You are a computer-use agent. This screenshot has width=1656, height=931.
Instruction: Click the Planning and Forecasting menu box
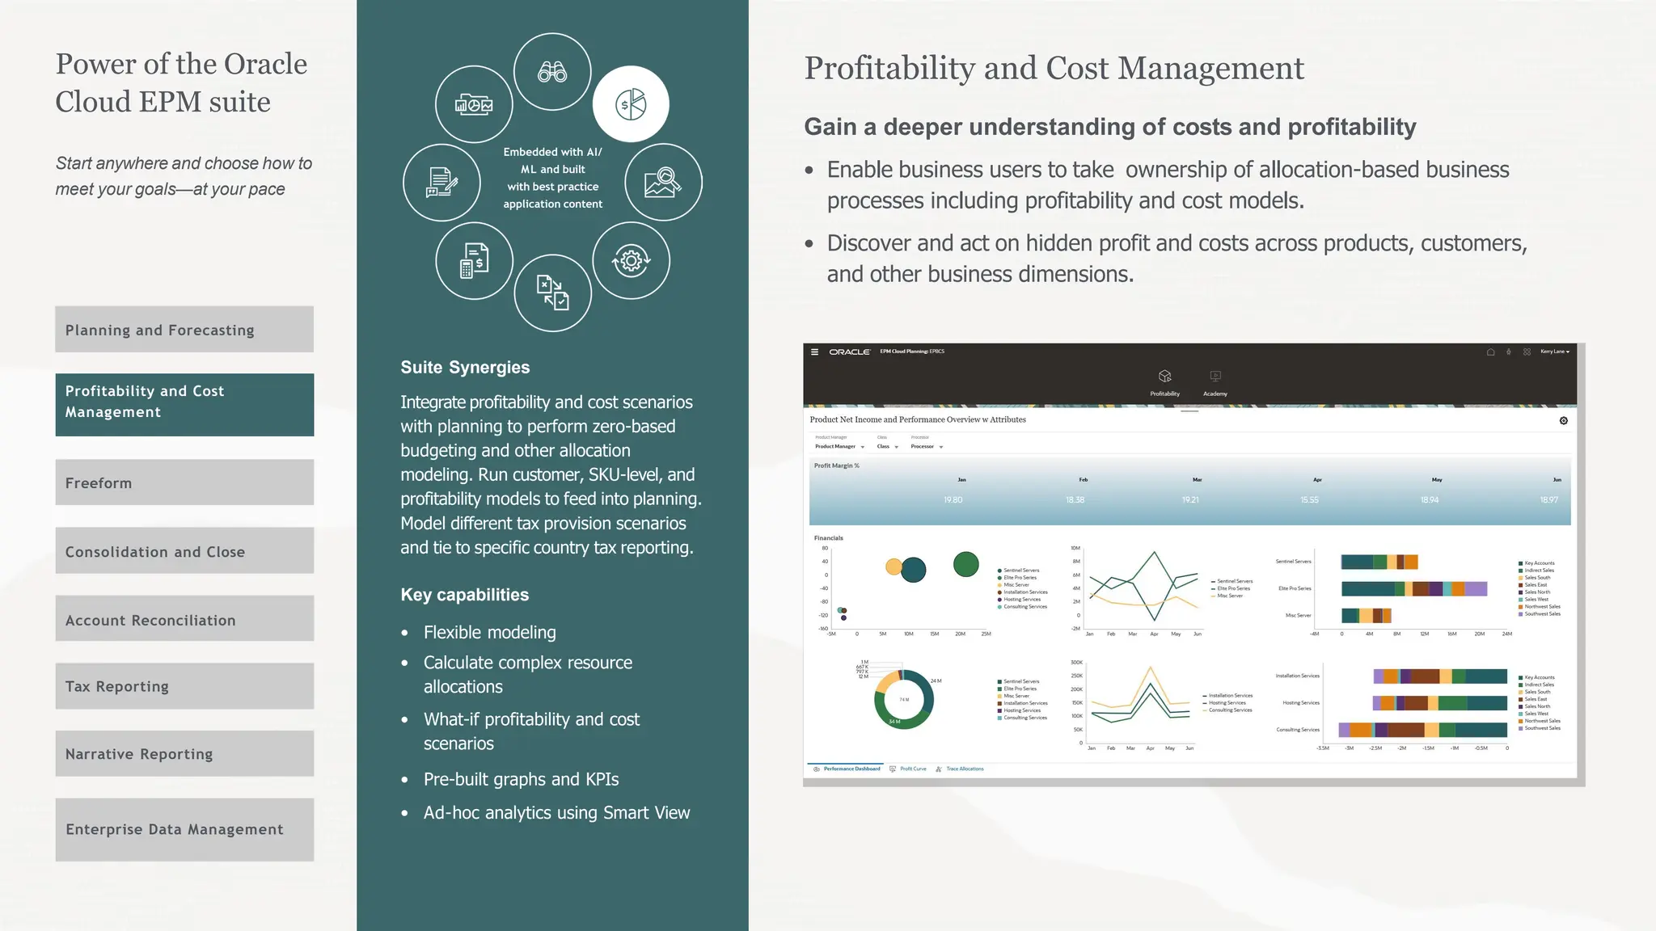coord(184,330)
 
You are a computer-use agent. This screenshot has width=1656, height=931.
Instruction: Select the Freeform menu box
coord(184,482)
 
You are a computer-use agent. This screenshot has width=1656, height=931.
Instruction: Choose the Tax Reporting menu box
coord(184,686)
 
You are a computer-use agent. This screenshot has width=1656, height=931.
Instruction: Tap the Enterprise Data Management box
coord(184,829)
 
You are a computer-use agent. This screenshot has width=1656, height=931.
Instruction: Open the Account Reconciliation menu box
coord(184,619)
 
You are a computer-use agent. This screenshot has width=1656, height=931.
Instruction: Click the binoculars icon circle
coord(552,72)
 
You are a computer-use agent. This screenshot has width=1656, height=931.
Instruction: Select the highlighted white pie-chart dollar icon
coord(631,104)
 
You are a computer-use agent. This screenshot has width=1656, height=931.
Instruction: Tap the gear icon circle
coord(631,260)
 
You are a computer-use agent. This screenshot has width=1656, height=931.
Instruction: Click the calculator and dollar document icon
coord(474,260)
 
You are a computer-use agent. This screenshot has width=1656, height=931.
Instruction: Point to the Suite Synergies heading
coord(465,368)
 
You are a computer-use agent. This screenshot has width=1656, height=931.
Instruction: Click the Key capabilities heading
coord(464,595)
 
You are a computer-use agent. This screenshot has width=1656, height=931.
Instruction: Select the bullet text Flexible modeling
coord(489,632)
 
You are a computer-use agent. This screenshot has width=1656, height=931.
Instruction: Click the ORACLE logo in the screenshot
coord(849,352)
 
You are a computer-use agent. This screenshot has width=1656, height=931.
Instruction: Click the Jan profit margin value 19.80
coord(953,500)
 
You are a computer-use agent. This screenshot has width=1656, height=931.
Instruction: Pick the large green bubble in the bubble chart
coord(965,564)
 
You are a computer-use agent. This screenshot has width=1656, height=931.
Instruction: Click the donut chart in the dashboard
coord(904,700)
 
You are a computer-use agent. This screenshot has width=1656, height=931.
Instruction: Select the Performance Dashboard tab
coord(851,769)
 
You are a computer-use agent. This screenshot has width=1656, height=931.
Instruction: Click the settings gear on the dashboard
coord(1563,421)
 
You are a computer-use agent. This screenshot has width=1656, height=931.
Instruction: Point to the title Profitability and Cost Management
coord(1054,69)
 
